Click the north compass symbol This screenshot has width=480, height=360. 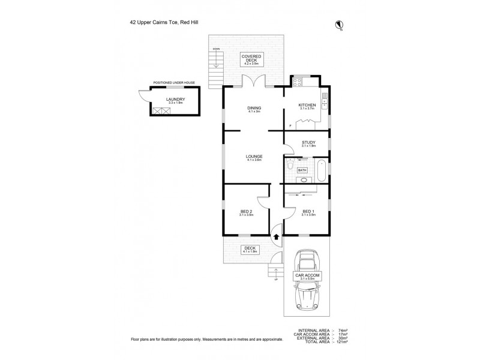point(339,24)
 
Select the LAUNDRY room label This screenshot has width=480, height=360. point(175,100)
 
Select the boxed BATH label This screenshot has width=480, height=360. point(302,170)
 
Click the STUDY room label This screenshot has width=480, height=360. point(308,142)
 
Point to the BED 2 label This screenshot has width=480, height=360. point(245,211)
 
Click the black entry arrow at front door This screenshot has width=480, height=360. point(276,236)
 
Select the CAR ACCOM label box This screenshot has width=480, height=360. point(307,277)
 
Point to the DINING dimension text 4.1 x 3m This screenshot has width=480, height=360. point(254,112)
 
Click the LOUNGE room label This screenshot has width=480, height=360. point(254,157)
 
